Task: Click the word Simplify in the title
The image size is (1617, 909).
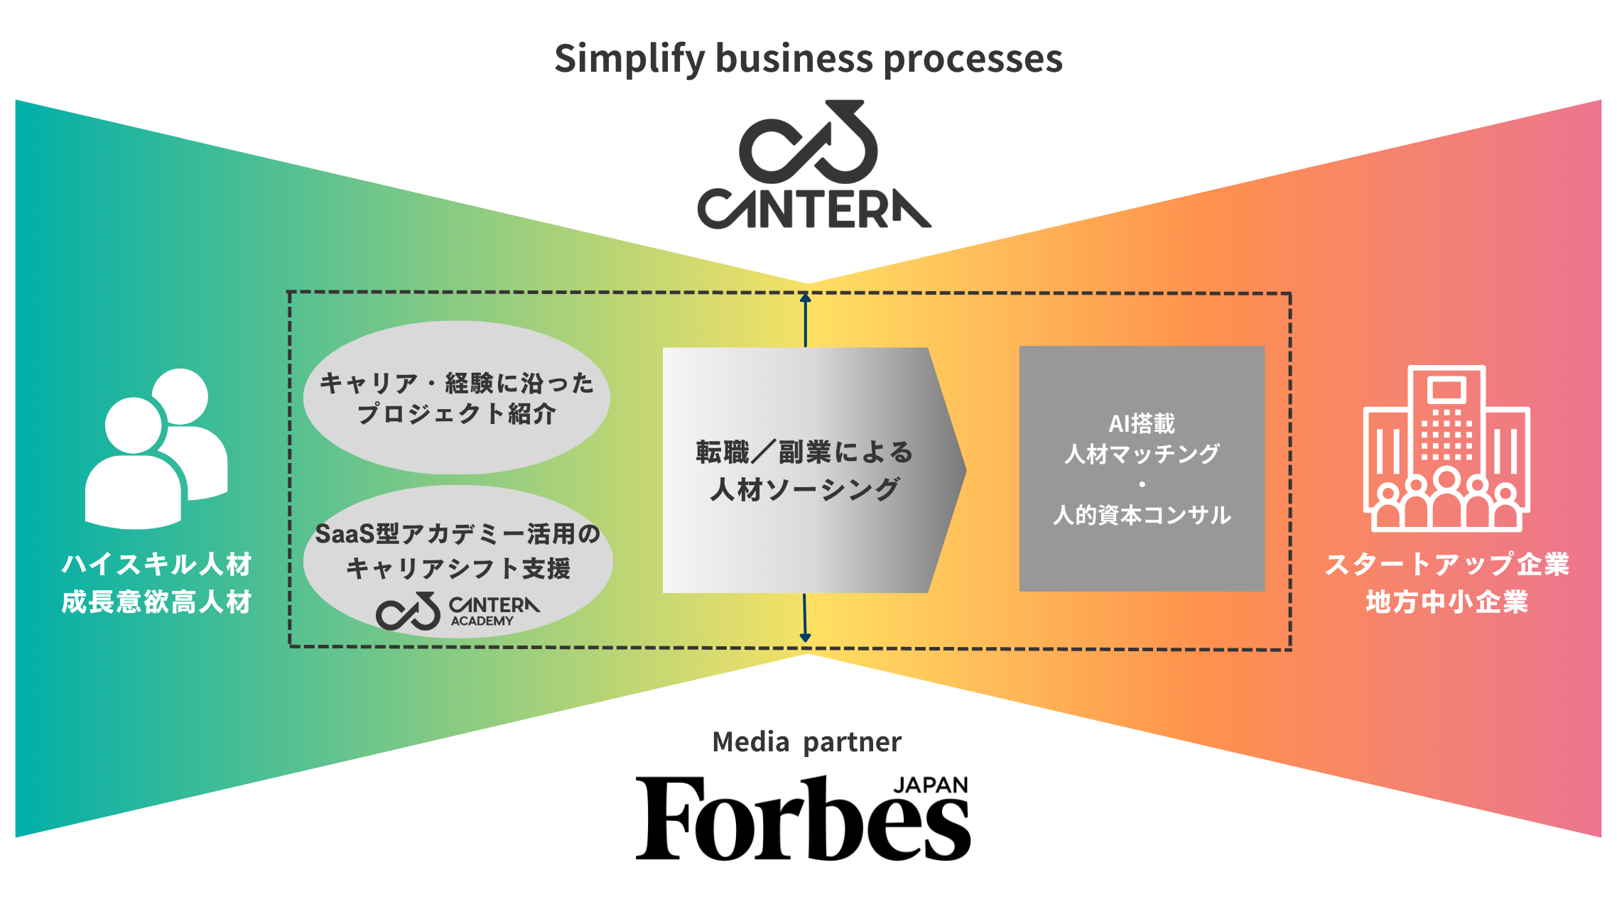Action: click(629, 58)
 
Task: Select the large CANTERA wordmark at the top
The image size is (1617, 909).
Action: click(813, 209)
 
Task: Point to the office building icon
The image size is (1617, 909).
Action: click(1446, 449)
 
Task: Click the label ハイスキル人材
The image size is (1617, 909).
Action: click(156, 565)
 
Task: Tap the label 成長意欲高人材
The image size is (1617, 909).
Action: click(156, 602)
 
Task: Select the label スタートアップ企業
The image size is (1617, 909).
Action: click(1446, 565)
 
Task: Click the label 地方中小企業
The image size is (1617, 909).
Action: click(1446, 602)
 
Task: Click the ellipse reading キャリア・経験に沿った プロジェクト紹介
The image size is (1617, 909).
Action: click(456, 398)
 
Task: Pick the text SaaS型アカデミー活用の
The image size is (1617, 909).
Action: click(457, 534)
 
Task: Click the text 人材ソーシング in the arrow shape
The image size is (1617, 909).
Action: click(805, 489)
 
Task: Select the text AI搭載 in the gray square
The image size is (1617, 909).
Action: click(1142, 424)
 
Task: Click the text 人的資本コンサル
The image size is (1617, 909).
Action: click(1142, 515)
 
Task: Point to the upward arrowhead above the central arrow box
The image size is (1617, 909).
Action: click(805, 298)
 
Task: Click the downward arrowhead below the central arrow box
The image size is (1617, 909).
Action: click(805, 637)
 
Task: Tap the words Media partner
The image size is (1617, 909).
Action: click(806, 742)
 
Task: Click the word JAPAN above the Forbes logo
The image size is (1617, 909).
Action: click(930, 785)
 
